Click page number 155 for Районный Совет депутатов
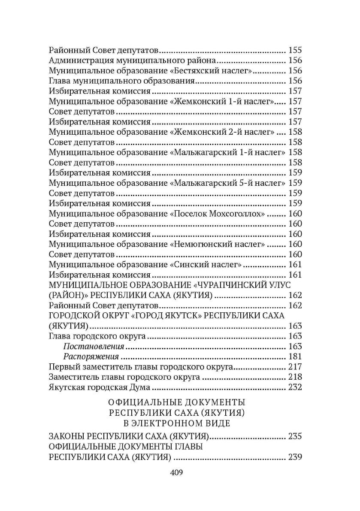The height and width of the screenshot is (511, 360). (x=296, y=49)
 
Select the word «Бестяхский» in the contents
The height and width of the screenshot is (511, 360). (x=195, y=71)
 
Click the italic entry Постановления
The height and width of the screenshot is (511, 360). (x=94, y=346)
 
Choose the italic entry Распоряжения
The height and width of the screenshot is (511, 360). (x=91, y=357)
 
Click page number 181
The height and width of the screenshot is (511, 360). (x=296, y=357)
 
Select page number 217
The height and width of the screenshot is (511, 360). (x=296, y=367)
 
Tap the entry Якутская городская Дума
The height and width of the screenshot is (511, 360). (x=99, y=388)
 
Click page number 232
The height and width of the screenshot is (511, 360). (x=296, y=388)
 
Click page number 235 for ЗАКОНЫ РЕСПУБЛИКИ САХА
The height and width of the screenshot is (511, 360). (x=296, y=437)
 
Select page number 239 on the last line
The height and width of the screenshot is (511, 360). (x=296, y=457)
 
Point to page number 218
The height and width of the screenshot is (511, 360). (x=296, y=378)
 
